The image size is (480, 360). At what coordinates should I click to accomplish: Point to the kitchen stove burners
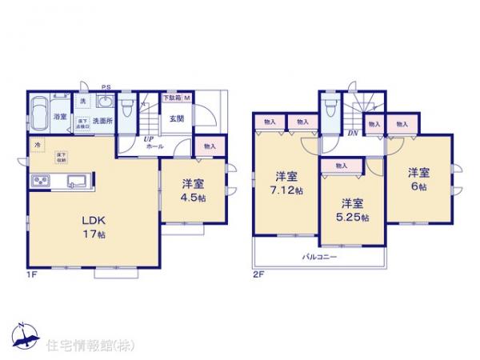point(40,182)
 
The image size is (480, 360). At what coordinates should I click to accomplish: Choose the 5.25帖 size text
point(353,216)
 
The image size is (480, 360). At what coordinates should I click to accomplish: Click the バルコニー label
point(319,258)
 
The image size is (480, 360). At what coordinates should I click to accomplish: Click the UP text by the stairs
point(148,138)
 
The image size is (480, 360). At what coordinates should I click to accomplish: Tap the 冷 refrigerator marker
point(38,145)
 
